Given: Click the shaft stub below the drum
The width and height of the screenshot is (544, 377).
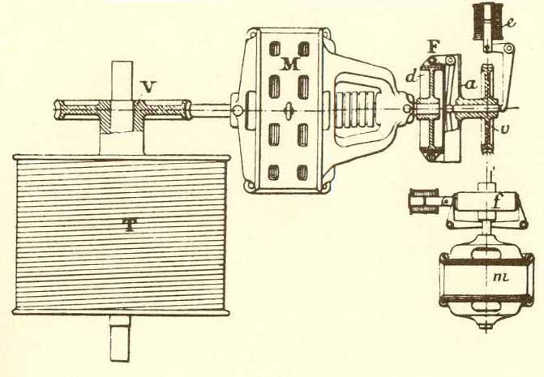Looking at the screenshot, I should [119, 341].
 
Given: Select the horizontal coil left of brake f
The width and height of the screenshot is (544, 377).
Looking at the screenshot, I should [425, 199].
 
